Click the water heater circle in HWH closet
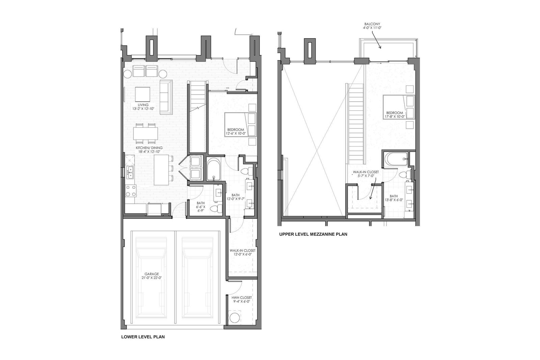point(234,317)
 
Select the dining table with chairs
point(145,132)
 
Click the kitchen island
point(160,170)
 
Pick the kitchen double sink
point(130,172)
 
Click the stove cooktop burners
point(130,190)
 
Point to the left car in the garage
point(151,277)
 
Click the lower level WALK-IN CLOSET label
point(242,252)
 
